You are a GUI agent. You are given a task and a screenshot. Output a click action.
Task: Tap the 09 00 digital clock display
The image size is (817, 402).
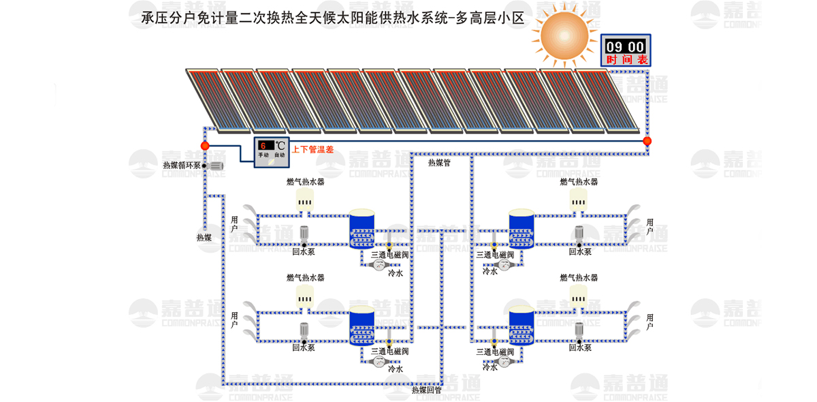tap(625, 46)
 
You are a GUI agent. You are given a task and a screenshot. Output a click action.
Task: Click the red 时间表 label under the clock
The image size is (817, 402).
tap(626, 60)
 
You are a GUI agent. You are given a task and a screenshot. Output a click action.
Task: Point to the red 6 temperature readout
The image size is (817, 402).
tap(263, 145)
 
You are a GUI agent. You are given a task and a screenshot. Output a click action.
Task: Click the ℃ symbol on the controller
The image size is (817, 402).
tap(280, 145)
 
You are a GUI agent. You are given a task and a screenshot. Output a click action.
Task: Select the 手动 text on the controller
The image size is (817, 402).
tap(263, 155)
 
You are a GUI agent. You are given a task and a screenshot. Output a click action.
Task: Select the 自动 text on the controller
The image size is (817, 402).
tap(280, 155)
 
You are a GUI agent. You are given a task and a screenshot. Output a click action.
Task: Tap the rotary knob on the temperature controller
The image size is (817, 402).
tap(272, 163)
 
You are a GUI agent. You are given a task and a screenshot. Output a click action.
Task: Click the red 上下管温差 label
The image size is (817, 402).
tap(313, 149)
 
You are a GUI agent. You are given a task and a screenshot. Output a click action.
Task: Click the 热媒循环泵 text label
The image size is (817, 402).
tap(182, 165)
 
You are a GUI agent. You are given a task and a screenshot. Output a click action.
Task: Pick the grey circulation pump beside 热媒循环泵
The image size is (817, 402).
tap(215, 166)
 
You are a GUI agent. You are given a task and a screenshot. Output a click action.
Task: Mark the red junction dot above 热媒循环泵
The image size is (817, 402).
tap(205, 146)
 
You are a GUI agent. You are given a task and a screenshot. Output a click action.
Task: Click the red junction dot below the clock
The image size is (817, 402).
tap(647, 141)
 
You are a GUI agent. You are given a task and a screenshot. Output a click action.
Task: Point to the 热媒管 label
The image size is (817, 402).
tap(439, 163)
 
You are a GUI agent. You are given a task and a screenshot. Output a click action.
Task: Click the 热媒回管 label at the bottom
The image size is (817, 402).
tap(427, 390)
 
